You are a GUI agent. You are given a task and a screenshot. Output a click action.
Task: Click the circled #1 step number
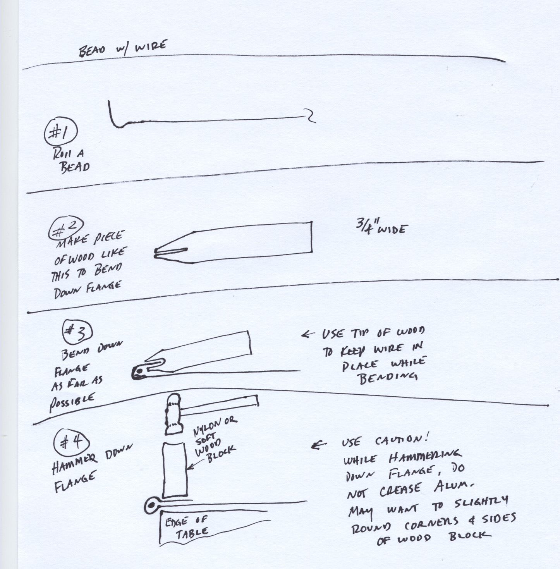coord(61,133)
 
